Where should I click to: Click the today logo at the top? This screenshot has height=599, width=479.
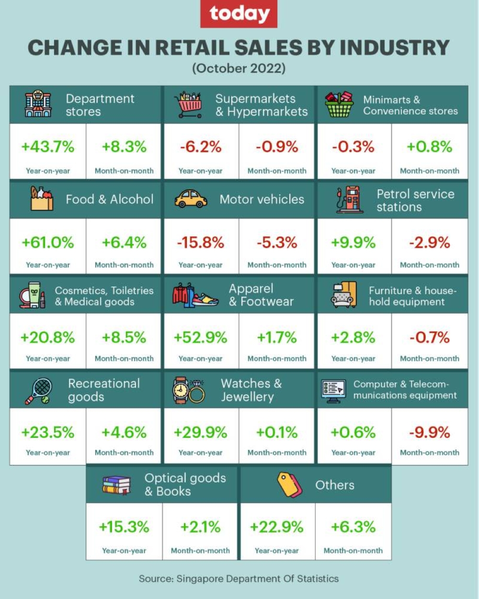[239, 14]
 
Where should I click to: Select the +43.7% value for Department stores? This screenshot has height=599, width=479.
[48, 147]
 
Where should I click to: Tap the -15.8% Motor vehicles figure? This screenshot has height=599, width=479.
[201, 242]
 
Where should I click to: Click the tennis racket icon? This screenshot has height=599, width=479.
[39, 391]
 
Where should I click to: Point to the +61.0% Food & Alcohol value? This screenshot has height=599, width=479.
[48, 242]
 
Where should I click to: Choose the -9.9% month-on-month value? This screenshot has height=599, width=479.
[430, 432]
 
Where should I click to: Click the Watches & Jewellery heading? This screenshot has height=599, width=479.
[251, 390]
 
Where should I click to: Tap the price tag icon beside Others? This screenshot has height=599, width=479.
[290, 484]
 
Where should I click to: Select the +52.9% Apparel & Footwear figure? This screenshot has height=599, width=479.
[201, 337]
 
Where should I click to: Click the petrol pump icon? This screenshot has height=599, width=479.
[348, 199]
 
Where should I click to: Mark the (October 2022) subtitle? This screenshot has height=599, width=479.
[239, 68]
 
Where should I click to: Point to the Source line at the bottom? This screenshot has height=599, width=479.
[239, 578]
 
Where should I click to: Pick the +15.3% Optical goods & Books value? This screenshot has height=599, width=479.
[124, 527]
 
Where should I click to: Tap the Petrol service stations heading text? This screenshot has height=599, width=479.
[415, 200]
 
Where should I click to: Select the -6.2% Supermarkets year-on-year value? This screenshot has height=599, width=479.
[201, 147]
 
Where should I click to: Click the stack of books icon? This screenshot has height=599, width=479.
[116, 485]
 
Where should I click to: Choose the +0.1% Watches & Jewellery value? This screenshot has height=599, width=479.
[277, 432]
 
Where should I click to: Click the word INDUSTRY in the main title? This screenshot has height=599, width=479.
[395, 47]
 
